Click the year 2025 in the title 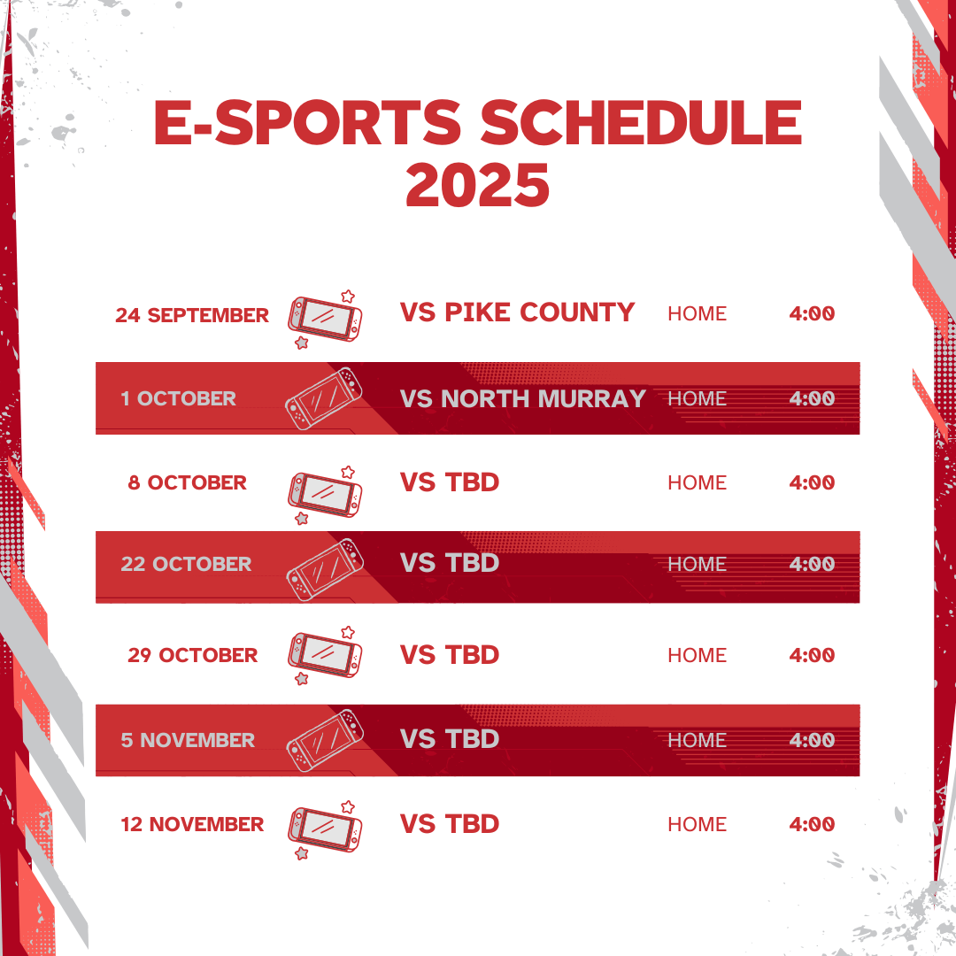[478, 184]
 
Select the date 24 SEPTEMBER [192, 315]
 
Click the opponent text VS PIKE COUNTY [518, 312]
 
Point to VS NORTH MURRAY [523, 398]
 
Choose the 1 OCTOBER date [179, 398]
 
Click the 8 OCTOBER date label [188, 482]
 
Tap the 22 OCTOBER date [186, 564]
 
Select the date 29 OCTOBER [193, 655]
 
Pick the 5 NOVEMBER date [188, 740]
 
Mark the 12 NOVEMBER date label [192, 824]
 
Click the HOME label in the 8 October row [697, 482]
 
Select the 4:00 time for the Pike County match [812, 313]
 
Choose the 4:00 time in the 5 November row [812, 740]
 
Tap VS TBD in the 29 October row [450, 655]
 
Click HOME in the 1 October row [697, 398]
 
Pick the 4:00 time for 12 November [812, 824]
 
